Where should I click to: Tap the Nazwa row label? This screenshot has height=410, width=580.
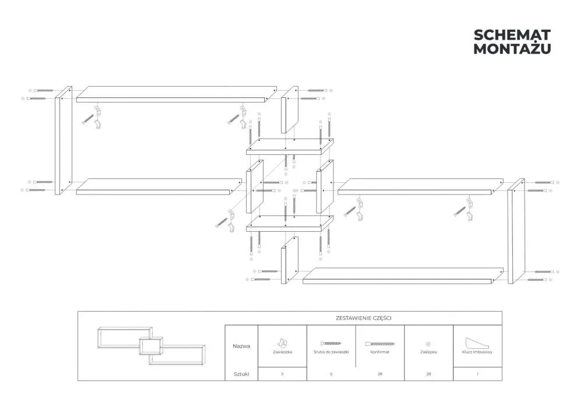pyautogui.click(x=241, y=346)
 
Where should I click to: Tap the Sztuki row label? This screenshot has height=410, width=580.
pyautogui.click(x=241, y=374)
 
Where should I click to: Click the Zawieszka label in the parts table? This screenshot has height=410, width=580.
pyautogui.click(x=282, y=352)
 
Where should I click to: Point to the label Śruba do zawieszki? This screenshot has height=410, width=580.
pyautogui.click(x=331, y=352)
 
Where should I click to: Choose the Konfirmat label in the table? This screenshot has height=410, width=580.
pyautogui.click(x=379, y=352)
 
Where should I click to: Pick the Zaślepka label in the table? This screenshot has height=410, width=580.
pyautogui.click(x=428, y=352)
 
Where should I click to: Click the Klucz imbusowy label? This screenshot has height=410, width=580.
pyautogui.click(x=477, y=352)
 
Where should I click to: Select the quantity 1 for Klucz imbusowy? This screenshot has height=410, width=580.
pyautogui.click(x=477, y=374)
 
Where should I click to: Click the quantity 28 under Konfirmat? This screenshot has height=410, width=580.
pyautogui.click(x=379, y=374)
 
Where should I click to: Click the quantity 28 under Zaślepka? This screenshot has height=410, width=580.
pyautogui.click(x=428, y=374)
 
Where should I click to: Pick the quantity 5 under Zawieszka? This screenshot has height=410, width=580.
pyautogui.click(x=282, y=374)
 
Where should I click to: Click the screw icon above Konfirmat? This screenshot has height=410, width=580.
pyautogui.click(x=379, y=344)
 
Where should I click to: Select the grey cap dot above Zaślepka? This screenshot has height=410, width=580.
pyautogui.click(x=428, y=344)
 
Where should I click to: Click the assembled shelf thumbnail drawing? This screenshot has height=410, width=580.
pyautogui.click(x=151, y=346)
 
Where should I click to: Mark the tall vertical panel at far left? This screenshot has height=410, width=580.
pyautogui.click(x=63, y=141)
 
